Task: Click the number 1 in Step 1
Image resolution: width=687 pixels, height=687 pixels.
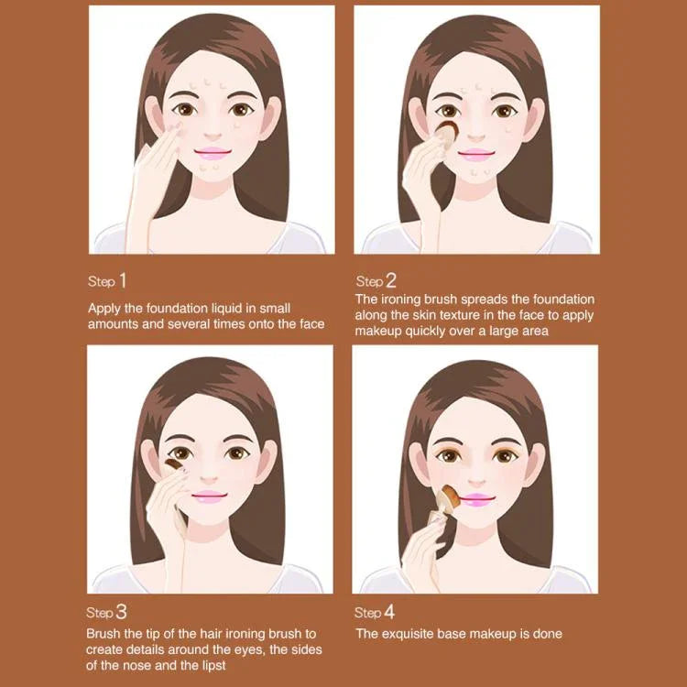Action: [123, 279]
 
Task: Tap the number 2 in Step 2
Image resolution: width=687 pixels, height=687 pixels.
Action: [390, 280]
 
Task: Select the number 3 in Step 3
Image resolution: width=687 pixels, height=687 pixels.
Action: [122, 611]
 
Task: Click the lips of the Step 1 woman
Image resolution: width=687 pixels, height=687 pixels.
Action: [212, 152]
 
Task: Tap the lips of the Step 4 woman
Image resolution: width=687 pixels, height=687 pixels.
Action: [477, 498]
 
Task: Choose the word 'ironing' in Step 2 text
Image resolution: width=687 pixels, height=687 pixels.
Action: [402, 300]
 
